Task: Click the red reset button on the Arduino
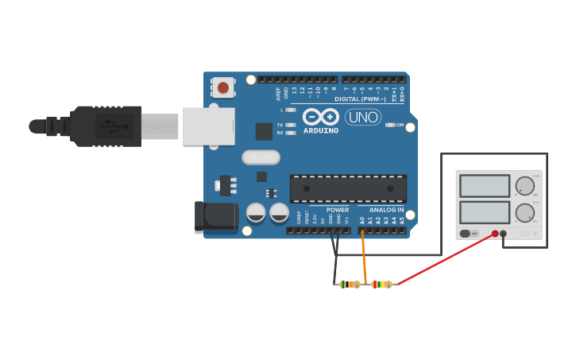coord(223,87)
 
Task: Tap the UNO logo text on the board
coord(362,117)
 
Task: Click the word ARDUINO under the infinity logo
coord(321,130)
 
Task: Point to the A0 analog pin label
coord(362,219)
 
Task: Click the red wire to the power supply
coord(445,258)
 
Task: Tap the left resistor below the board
coord(350,284)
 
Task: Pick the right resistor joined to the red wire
coord(382,284)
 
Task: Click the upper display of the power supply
coord(485,186)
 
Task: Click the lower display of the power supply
coord(485,212)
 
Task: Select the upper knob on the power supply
coord(524,186)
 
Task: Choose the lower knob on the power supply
coord(524,213)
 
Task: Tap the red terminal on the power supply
coord(495,234)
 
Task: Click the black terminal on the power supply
coord(504,234)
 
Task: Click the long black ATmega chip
coord(348,188)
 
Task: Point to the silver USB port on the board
coord(208,126)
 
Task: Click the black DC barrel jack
coord(215,217)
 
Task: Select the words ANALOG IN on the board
coord(386,210)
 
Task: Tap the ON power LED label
coord(400,125)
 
